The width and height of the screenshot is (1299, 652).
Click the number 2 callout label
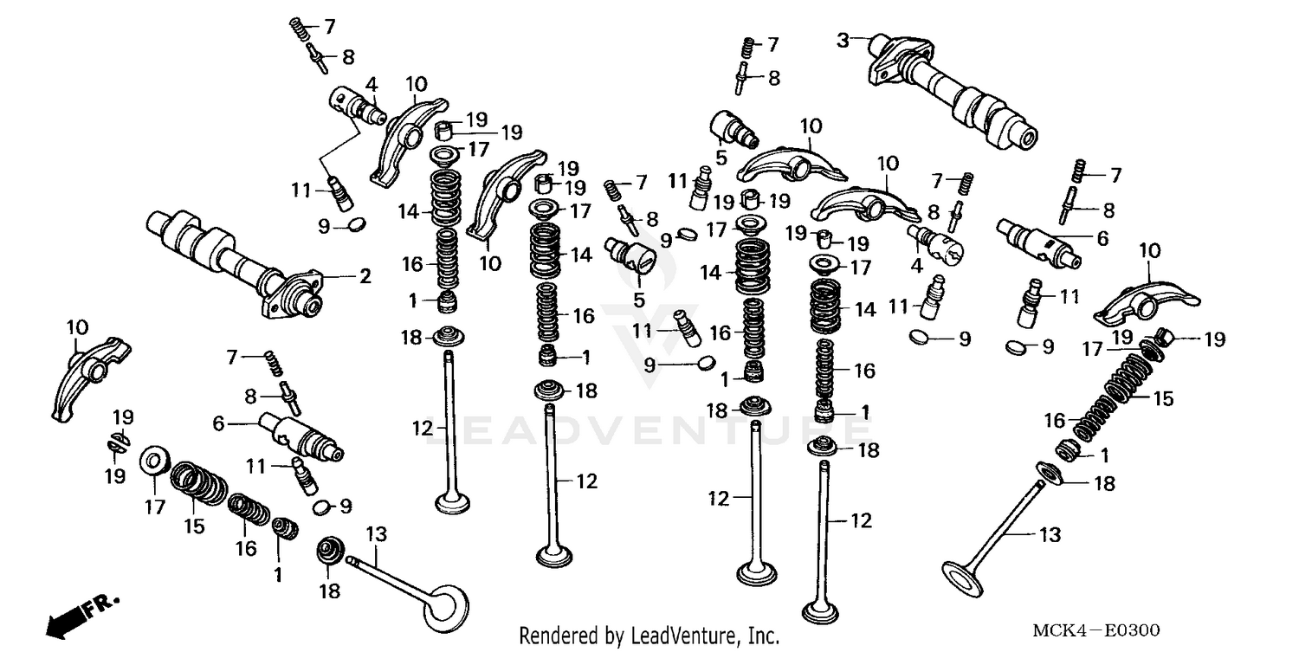[365, 277]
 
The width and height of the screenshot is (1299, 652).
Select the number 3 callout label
[843, 39]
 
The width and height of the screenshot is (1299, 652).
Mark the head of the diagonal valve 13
[963, 575]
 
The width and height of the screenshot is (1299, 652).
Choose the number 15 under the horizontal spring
[195, 526]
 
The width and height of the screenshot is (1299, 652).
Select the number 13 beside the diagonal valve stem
[1049, 536]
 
